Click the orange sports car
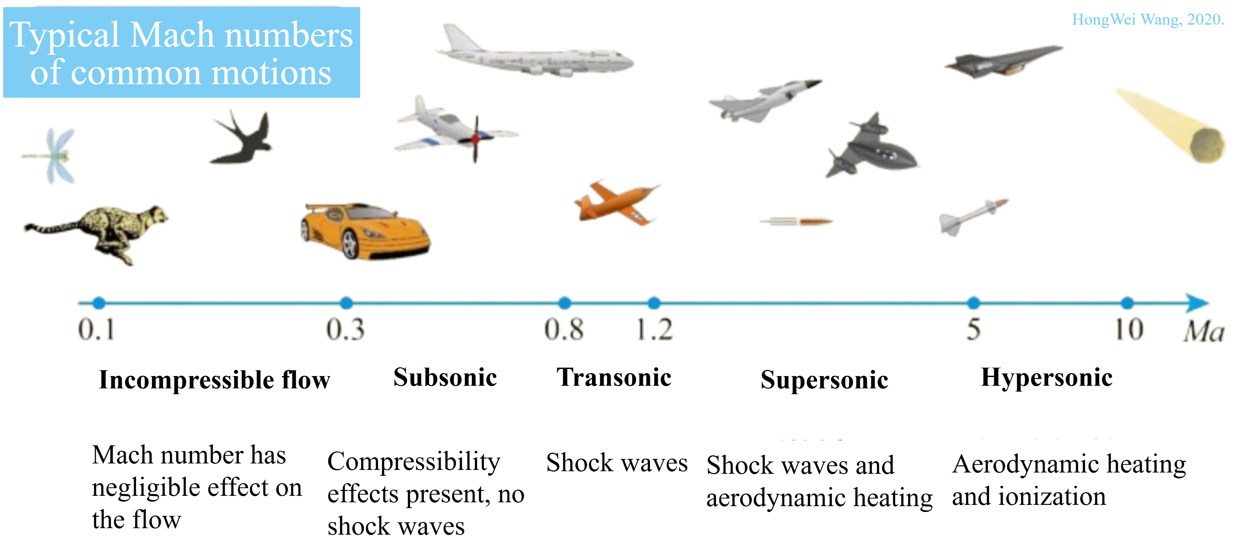[x=365, y=231]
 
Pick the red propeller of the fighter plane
[x=476, y=139]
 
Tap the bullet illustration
[x=796, y=221]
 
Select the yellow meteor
[x=1172, y=126]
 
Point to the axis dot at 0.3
[x=346, y=303]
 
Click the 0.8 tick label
[x=564, y=329]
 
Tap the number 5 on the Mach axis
[x=973, y=329]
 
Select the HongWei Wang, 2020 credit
[x=1148, y=19]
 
